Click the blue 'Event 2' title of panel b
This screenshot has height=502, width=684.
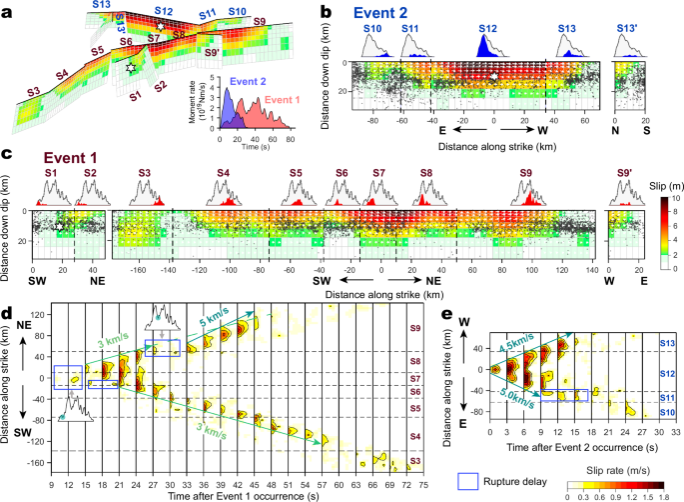[x=381, y=15]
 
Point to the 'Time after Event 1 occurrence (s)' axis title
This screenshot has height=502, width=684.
[x=223, y=494]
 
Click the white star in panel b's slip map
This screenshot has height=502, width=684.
[x=493, y=75]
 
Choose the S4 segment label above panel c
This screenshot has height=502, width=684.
[x=225, y=174]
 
